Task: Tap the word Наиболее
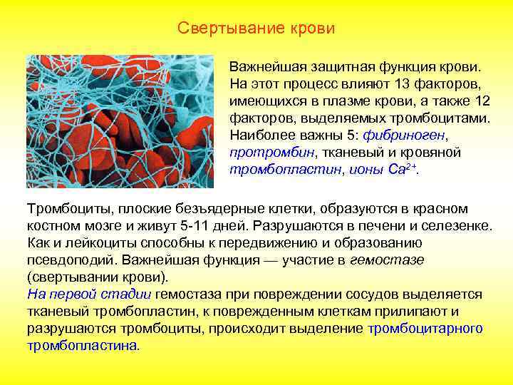coord(258,135)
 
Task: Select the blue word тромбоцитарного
coord(425,329)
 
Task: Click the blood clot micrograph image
coord(120,121)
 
